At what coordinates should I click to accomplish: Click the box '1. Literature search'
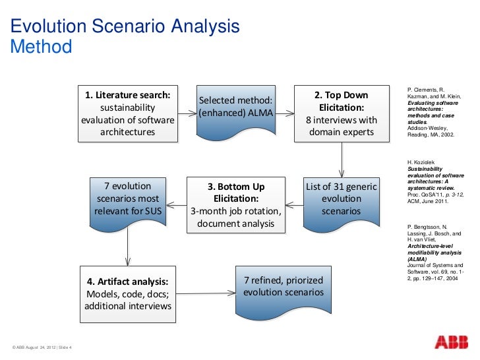tap(128, 113)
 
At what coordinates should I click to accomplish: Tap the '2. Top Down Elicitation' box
tap(342, 113)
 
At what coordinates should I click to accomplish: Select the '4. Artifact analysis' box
tap(128, 294)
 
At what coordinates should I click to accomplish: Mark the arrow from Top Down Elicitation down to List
tap(342, 158)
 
